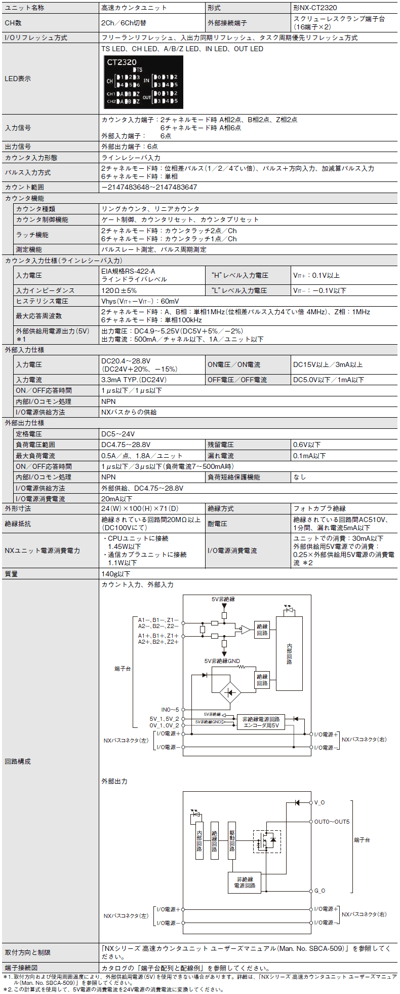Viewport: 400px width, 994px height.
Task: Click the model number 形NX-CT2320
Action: [x=314, y=8]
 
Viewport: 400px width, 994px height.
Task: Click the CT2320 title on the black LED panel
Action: [x=122, y=62]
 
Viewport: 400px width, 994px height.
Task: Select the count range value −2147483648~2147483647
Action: [x=149, y=187]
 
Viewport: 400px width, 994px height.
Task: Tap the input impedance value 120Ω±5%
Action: [x=119, y=290]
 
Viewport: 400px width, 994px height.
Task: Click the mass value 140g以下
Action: [x=116, y=574]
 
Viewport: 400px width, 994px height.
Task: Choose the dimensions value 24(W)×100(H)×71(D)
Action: [x=140, y=508]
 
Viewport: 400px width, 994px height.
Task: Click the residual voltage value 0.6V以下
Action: [x=307, y=445]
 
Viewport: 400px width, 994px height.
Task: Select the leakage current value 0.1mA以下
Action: [x=309, y=456]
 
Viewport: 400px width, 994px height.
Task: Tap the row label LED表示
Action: [x=18, y=79]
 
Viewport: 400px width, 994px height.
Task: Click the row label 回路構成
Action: [x=18, y=761]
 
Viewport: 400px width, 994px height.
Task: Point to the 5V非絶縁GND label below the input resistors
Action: [x=222, y=661]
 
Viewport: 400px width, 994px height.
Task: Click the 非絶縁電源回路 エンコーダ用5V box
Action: [x=261, y=722]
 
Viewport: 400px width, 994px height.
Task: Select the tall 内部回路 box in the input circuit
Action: [x=289, y=653]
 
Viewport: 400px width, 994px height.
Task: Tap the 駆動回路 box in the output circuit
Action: [x=232, y=840]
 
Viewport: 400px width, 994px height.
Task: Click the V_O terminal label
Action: [x=319, y=802]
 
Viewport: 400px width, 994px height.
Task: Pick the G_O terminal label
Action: [x=319, y=891]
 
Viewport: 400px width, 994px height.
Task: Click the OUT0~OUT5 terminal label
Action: [x=332, y=822]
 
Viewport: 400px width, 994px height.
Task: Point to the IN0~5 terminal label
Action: [x=170, y=710]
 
